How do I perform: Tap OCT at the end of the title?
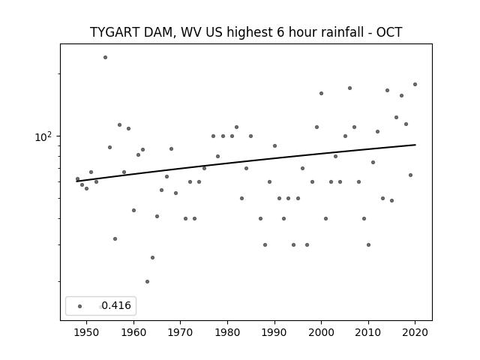point(389,32)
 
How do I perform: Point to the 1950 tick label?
point(87,332)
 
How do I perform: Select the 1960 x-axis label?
point(133,332)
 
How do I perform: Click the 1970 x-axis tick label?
point(181,332)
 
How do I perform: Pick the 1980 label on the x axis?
point(227,332)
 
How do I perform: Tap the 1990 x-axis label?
point(274,332)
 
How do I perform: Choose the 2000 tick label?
point(322,332)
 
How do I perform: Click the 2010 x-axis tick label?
point(368,332)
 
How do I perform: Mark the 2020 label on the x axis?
point(415,332)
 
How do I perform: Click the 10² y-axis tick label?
point(43,136)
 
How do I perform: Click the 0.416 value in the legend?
point(116,305)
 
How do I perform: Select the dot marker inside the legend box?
point(80,306)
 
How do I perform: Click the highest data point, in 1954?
point(105,57)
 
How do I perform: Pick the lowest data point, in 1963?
point(147,282)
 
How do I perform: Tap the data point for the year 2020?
point(415,85)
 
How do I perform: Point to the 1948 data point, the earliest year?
point(77,178)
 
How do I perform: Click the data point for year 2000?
point(321,93)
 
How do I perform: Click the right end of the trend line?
point(415,145)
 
